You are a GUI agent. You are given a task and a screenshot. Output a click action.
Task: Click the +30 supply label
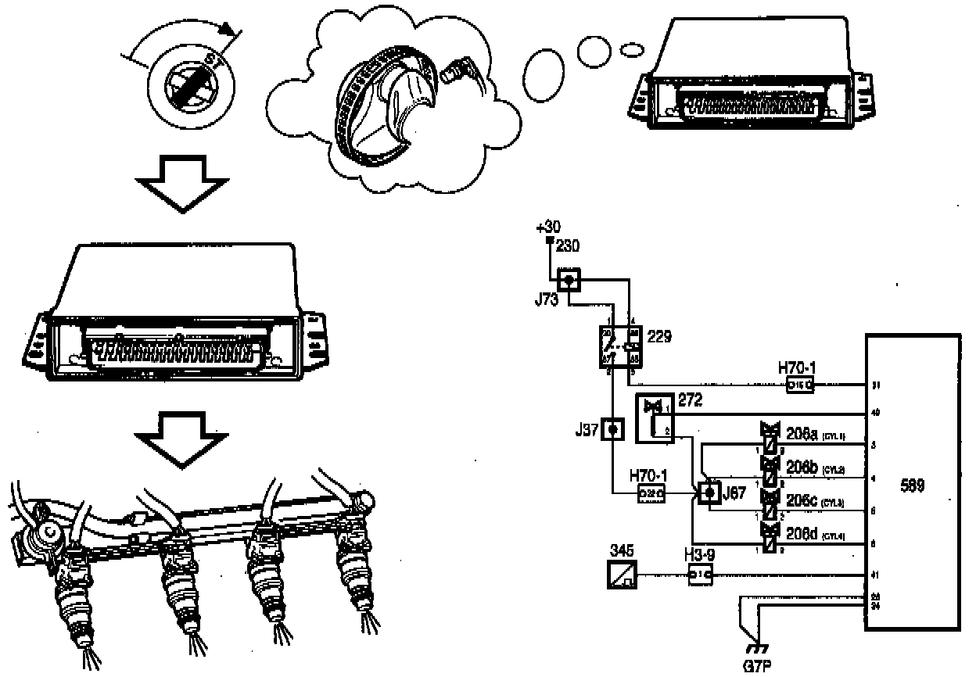(x=547, y=228)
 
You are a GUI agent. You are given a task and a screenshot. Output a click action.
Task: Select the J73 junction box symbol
(x=570, y=278)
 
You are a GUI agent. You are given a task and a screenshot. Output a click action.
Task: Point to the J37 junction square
(x=614, y=429)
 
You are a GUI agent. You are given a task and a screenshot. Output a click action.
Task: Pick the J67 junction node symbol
(x=709, y=493)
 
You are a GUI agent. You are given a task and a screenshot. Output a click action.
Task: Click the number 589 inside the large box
(x=912, y=485)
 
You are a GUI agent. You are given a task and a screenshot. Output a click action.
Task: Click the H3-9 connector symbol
(x=699, y=577)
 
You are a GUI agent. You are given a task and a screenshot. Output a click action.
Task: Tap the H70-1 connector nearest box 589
(x=798, y=385)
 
